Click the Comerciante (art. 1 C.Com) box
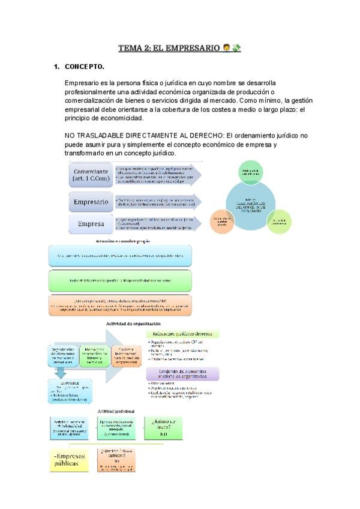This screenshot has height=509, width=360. click(92, 175)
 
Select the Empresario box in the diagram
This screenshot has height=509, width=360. click(91, 202)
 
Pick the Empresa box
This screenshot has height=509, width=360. click(91, 225)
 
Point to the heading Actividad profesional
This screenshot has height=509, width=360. click(115, 411)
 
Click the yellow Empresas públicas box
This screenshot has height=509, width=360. click(68, 460)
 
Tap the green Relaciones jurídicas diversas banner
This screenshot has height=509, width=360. click(182, 334)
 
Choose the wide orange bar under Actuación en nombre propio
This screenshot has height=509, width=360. click(120, 304)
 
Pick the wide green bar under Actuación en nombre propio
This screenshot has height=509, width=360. click(120, 280)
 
